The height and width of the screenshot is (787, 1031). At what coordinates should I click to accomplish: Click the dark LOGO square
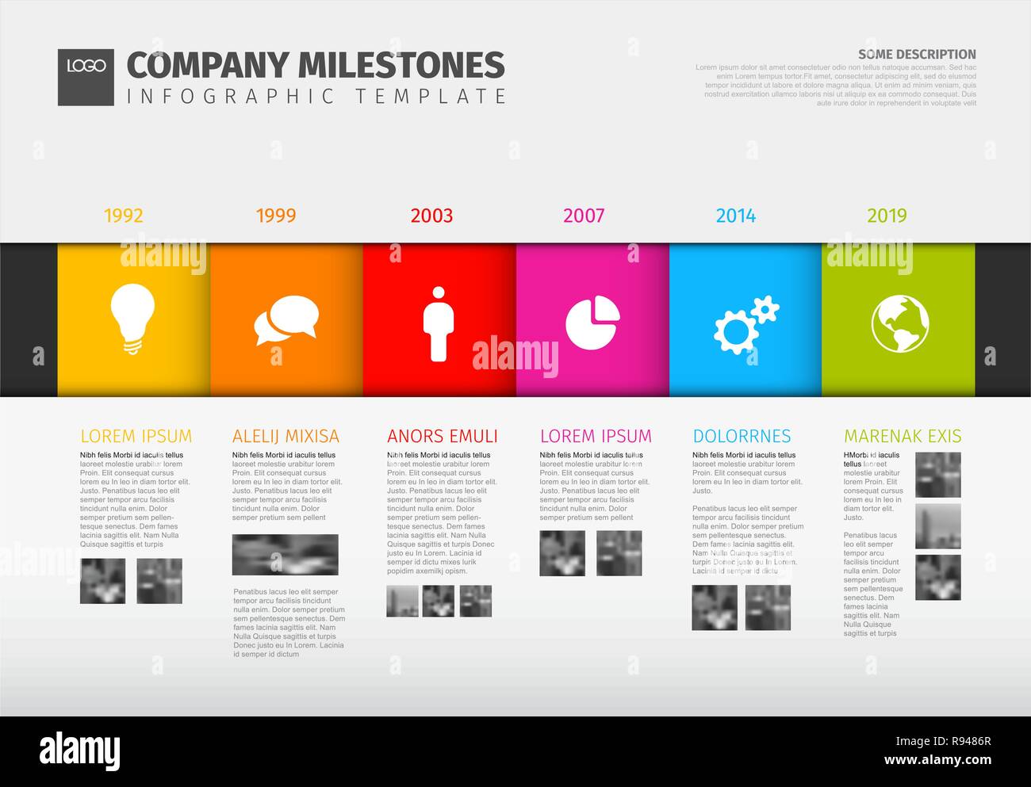pos(86,77)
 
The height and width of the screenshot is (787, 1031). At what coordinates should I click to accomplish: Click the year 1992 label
pos(124,216)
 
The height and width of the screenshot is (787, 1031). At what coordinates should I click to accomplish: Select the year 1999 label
pos(276,216)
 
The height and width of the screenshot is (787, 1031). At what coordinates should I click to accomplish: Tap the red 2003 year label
pos(431,216)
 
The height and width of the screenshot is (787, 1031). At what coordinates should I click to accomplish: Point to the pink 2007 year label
pos(584,216)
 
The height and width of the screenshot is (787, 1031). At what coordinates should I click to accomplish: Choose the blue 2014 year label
pos(736,216)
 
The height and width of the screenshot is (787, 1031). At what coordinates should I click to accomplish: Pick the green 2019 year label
pos(887,216)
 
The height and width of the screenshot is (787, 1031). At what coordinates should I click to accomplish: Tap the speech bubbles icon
pos(286,320)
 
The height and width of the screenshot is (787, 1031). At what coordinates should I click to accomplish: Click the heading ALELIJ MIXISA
pos(286,436)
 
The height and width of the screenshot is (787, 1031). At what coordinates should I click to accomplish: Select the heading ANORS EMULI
pos(443,436)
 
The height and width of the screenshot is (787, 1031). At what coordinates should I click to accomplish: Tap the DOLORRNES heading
pos(742,436)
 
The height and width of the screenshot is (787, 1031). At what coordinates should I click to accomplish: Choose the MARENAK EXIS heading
pos(903,436)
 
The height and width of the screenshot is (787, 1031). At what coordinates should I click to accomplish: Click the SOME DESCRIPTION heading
pos(917,55)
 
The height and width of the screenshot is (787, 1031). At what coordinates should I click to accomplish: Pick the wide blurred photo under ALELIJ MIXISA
pos(286,555)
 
